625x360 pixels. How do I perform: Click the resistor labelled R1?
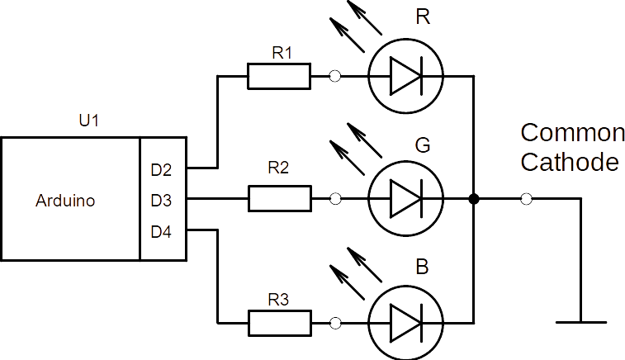279,77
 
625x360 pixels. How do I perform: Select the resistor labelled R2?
279,198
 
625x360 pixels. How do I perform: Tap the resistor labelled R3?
279,321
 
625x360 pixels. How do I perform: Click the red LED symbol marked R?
405,77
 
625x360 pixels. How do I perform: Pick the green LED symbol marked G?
405,198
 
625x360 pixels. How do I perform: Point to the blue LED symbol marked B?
405,321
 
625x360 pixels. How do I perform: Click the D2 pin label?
161,171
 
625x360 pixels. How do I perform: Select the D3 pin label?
161,200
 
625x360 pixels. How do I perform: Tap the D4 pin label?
161,232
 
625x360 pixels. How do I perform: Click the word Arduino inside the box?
66,201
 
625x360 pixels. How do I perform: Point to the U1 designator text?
88,121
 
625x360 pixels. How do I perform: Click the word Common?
572,133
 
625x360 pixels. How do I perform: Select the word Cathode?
570,162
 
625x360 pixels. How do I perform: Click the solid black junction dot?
474,199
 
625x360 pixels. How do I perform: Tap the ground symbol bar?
581,321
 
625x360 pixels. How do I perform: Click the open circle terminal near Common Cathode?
527,199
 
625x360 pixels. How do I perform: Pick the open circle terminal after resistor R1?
334,77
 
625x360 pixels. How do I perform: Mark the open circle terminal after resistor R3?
334,322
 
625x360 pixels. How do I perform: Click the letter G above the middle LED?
422,146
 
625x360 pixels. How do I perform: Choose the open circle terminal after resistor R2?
334,199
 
